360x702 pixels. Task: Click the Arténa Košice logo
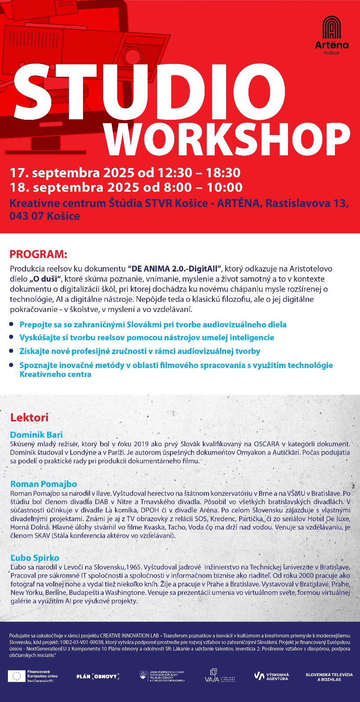tap(331, 35)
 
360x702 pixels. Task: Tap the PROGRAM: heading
tap(39, 254)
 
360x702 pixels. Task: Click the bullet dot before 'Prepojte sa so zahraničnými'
tap(11, 324)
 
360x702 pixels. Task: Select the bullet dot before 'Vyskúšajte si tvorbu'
tap(11, 337)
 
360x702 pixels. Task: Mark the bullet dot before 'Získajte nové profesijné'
tap(11, 351)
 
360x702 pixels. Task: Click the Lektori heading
tap(29, 417)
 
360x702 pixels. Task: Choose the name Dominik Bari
tap(36, 435)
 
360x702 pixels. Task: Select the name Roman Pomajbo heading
tap(43, 484)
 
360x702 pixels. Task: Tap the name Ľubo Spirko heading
tap(35, 558)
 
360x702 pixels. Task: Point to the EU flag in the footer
tap(17, 676)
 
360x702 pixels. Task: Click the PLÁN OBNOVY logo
tap(97, 676)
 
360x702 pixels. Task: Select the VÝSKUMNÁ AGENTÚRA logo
tap(272, 676)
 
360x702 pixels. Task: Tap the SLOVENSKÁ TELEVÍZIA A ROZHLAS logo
tap(329, 677)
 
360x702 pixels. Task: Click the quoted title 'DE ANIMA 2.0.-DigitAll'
tap(176, 269)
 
